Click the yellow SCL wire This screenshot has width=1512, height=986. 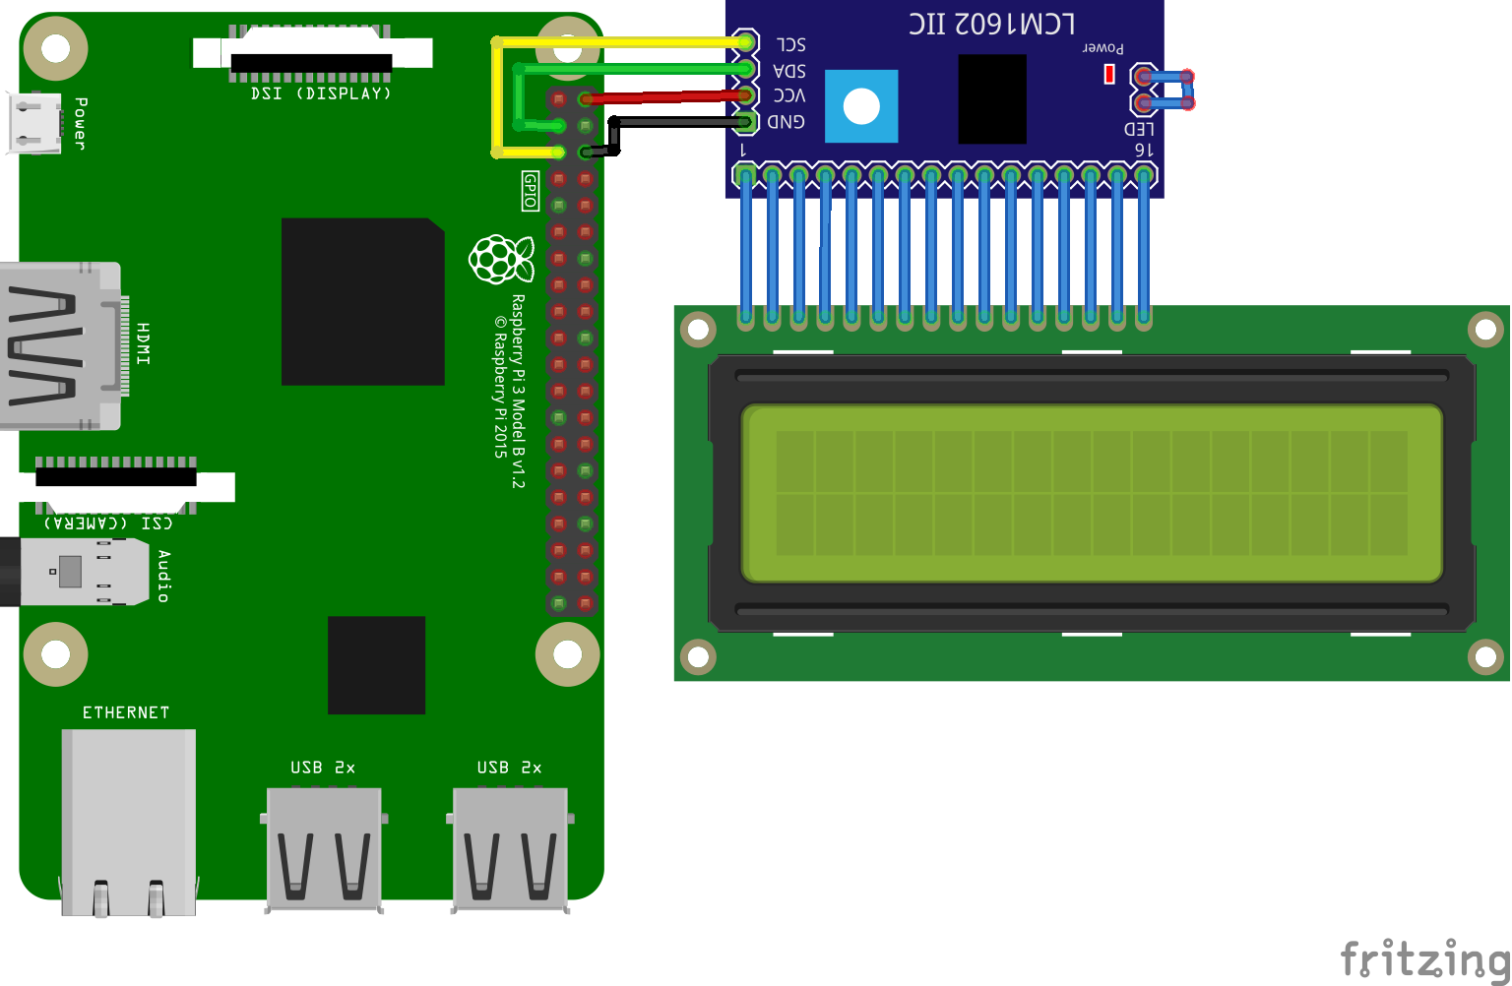coord(620,42)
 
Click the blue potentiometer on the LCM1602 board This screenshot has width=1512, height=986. coord(861,106)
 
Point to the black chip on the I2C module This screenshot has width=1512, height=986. coord(992,98)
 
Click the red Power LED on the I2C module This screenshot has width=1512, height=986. coord(1109,74)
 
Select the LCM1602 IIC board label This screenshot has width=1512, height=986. coord(991,24)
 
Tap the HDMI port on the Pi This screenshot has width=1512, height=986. coord(59,345)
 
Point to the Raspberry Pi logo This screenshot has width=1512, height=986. coord(501,260)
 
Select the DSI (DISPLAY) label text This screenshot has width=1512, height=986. coord(321,93)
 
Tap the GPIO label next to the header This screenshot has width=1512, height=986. coord(530,191)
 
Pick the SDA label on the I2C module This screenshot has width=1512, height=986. coord(789,71)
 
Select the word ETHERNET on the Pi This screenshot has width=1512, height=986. coord(126,712)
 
